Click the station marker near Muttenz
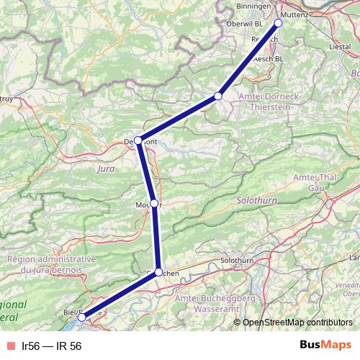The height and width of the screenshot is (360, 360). pyautogui.click(x=278, y=22)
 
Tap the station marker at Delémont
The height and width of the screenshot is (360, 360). pyautogui.click(x=138, y=140)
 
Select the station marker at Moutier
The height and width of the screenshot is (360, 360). pyautogui.click(x=154, y=203)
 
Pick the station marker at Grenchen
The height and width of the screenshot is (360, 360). pyautogui.click(x=159, y=271)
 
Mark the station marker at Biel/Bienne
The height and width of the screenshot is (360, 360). pyautogui.click(x=81, y=317)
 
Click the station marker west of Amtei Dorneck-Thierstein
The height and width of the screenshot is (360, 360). pyautogui.click(x=218, y=96)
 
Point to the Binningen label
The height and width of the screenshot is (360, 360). pyautogui.click(x=254, y=6)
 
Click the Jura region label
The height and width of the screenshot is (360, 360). pyautogui.click(x=105, y=169)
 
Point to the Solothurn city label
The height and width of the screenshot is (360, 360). pyautogui.click(x=238, y=260)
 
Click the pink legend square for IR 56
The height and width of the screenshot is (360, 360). pyautogui.click(x=11, y=346)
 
